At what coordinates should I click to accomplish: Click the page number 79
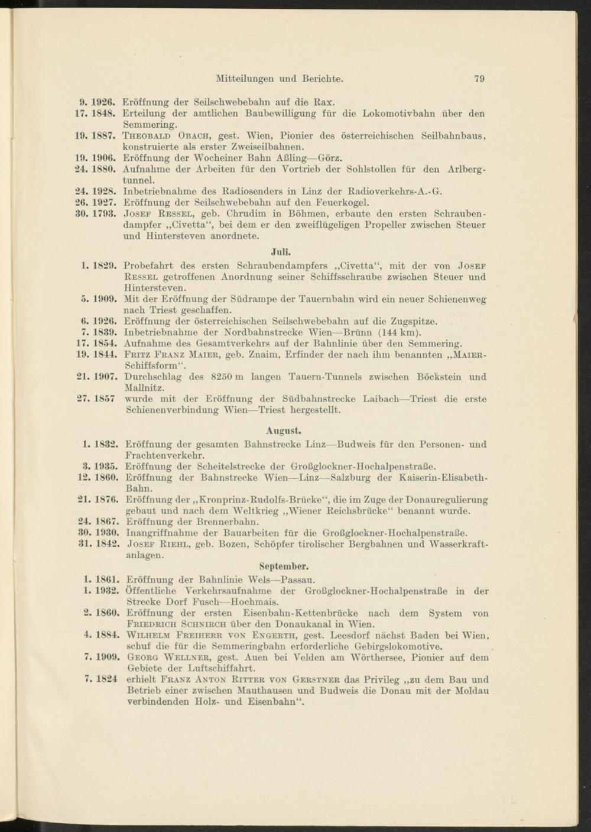point(479,79)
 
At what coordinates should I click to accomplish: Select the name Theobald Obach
point(162,136)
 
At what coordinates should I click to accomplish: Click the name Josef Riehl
point(157,545)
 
